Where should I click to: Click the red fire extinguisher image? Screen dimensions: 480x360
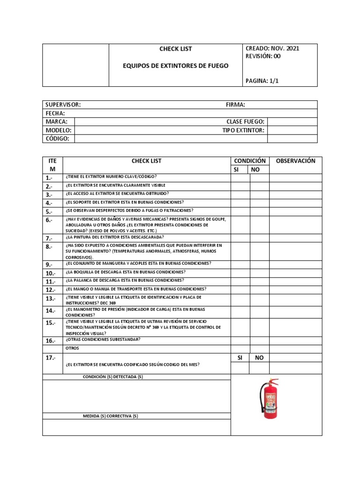(x=270, y=399)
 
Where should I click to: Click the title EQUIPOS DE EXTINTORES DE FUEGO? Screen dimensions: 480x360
(x=176, y=66)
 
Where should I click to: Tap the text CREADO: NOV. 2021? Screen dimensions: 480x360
(x=272, y=48)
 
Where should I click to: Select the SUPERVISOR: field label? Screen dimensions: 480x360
(x=63, y=105)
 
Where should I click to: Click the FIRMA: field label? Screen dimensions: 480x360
(x=235, y=105)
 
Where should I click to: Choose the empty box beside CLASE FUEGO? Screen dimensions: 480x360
(x=292, y=122)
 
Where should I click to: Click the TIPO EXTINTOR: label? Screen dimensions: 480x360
(x=243, y=130)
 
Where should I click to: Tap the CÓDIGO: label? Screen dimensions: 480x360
(x=58, y=139)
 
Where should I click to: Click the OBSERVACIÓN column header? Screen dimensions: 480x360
(x=295, y=161)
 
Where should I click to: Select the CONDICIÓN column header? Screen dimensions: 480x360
(x=249, y=161)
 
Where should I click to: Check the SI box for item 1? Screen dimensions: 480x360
(x=240, y=177)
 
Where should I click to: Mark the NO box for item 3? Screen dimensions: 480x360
(x=259, y=194)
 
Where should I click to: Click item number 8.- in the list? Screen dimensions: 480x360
(x=49, y=247)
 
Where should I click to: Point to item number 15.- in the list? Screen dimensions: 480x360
(x=51, y=322)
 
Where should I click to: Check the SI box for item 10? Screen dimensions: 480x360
(x=240, y=273)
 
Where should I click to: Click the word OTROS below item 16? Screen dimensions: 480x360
(x=73, y=348)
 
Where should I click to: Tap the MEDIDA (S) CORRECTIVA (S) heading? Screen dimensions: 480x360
(x=111, y=416)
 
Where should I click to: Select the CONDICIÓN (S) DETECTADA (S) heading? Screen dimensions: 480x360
(x=113, y=377)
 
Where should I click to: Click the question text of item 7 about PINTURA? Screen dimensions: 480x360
(x=115, y=237)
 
